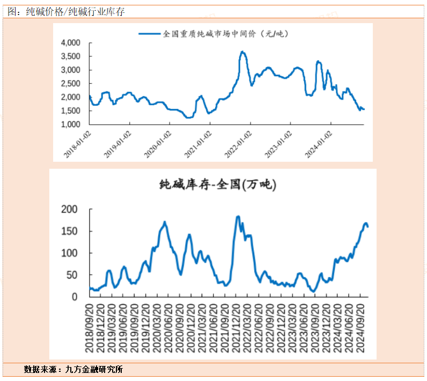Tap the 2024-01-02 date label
click(319, 143)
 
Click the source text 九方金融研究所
click(94, 370)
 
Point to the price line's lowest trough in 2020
click(187, 118)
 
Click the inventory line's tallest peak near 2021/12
click(238, 217)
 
